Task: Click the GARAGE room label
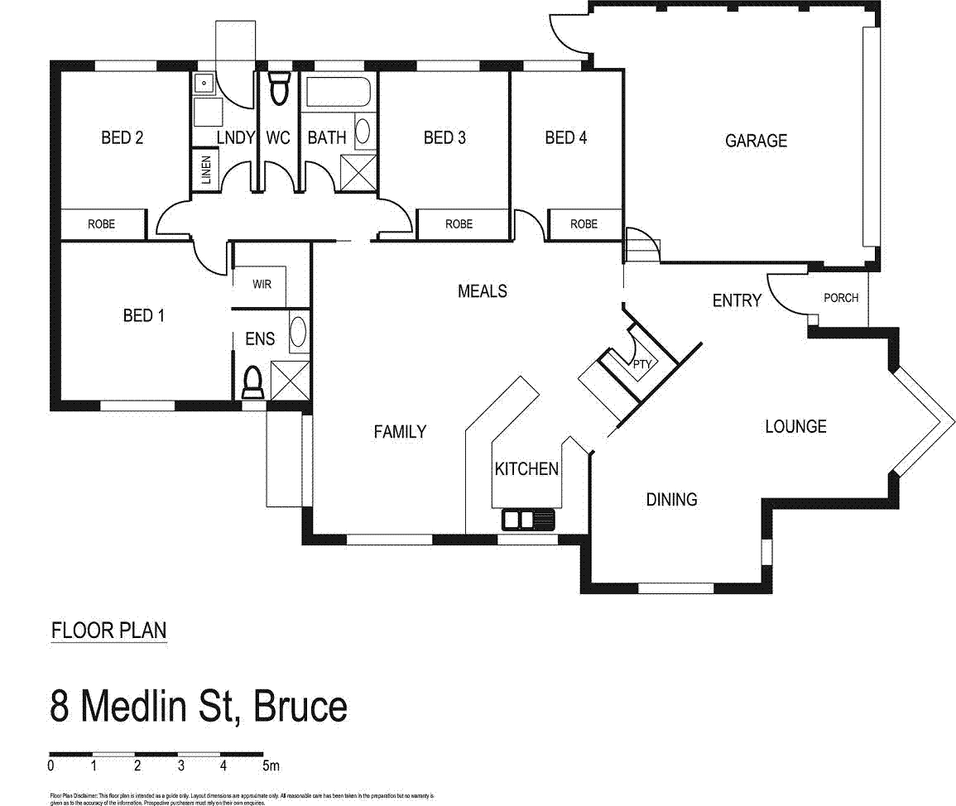pyautogui.click(x=756, y=141)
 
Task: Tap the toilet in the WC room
pyautogui.click(x=279, y=89)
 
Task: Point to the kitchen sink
pyautogui.click(x=527, y=520)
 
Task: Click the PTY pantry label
pyautogui.click(x=643, y=363)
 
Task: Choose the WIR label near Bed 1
pyautogui.click(x=262, y=284)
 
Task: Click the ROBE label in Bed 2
pyautogui.click(x=102, y=223)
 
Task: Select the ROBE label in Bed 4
pyautogui.click(x=584, y=223)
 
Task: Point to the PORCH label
pyautogui.click(x=841, y=298)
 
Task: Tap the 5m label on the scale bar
pyautogui.click(x=271, y=765)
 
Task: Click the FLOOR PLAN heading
pyautogui.click(x=108, y=631)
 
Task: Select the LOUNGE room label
pyautogui.click(x=795, y=427)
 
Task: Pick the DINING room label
pyautogui.click(x=671, y=499)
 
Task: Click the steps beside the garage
pyautogui.click(x=641, y=245)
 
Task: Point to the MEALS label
pyautogui.click(x=483, y=291)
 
